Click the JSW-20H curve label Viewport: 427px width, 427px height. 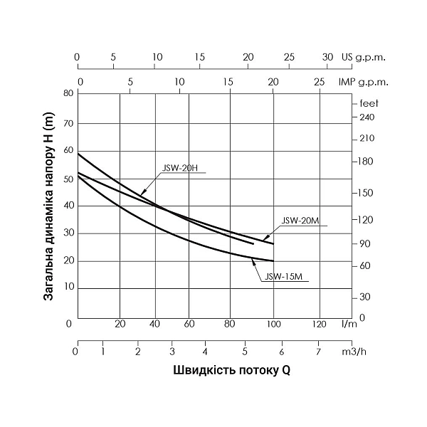[x=174, y=168]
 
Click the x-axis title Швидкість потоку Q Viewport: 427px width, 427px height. [x=231, y=371]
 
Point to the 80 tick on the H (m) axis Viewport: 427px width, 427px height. [x=68, y=93]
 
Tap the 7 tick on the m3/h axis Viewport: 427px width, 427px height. [x=317, y=350]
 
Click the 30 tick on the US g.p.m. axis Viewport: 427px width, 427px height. [x=327, y=57]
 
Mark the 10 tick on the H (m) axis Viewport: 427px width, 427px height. [x=68, y=287]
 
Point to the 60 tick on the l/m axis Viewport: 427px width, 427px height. [x=189, y=324]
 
